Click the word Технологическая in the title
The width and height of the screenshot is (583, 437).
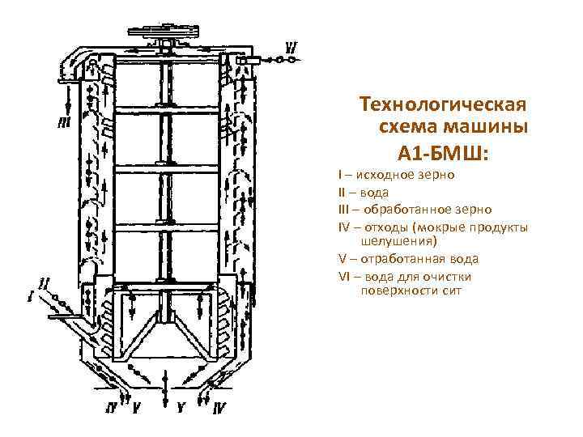(x=444, y=105)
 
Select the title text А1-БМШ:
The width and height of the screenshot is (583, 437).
(x=444, y=152)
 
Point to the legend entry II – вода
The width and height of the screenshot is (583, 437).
(x=364, y=192)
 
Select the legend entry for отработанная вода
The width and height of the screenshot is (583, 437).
(x=408, y=259)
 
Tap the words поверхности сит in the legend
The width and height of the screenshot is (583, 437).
(x=411, y=290)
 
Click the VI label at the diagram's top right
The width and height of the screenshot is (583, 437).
(x=290, y=48)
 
